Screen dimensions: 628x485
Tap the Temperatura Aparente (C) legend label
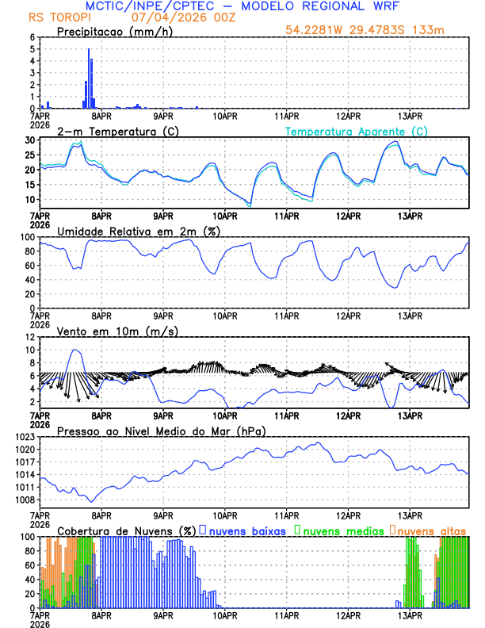point(356,131)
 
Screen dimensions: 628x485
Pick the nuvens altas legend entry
point(431,530)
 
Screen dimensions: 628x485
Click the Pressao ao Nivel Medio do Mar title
point(161,431)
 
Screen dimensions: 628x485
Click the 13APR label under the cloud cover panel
point(410,615)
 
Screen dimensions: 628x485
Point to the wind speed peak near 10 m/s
point(75,350)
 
